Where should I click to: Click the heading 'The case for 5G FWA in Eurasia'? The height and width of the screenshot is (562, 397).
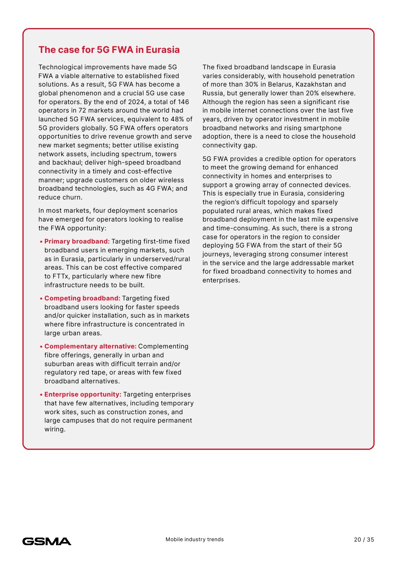pyautogui.click(x=109, y=50)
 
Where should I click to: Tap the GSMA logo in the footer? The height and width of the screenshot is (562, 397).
pyautogui.click(x=47, y=541)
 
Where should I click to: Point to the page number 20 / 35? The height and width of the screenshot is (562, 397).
pyautogui.click(x=364, y=540)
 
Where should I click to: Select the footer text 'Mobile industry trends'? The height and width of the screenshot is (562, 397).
pyautogui.click(x=194, y=540)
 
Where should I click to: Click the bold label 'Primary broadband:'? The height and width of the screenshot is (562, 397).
pyautogui.click(x=77, y=242)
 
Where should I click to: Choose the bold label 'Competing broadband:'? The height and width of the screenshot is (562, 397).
pyautogui.click(x=82, y=298)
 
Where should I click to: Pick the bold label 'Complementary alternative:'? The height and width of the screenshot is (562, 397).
pyautogui.click(x=90, y=346)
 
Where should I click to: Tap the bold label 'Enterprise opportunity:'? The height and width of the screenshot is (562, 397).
pyautogui.click(x=83, y=395)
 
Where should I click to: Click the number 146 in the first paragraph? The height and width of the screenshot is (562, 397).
pyautogui.click(x=183, y=102)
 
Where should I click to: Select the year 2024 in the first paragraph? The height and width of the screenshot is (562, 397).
pyautogui.click(x=136, y=102)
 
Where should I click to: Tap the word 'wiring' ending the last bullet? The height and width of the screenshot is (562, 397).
pyautogui.click(x=54, y=429)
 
